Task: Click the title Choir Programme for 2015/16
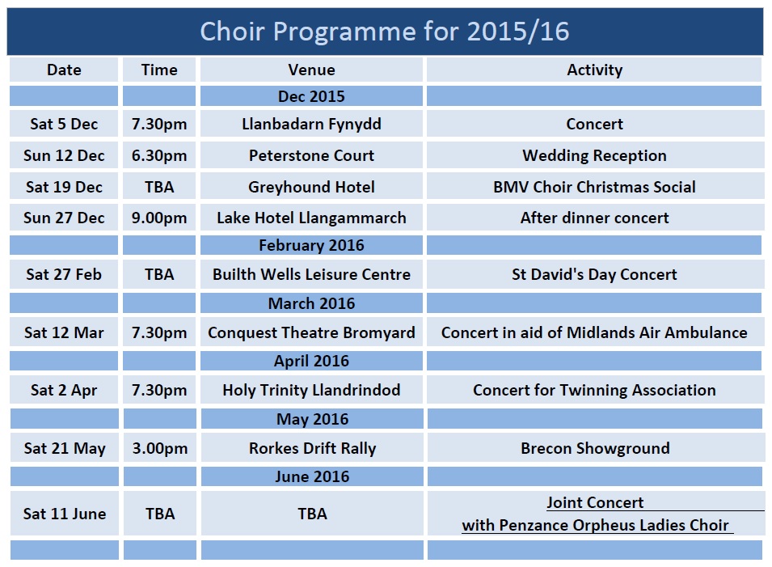pyautogui.click(x=385, y=32)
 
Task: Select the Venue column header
pyautogui.click(x=312, y=70)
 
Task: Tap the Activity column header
pyautogui.click(x=595, y=70)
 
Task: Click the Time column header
pyautogui.click(x=159, y=70)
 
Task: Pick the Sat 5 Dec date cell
pyautogui.click(x=64, y=124)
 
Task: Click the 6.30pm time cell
pyautogui.click(x=159, y=155)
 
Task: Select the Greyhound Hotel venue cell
pyautogui.click(x=312, y=187)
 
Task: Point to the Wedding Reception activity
pyautogui.click(x=594, y=155)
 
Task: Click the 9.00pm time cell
pyautogui.click(x=159, y=218)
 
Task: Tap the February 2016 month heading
pyautogui.click(x=312, y=245)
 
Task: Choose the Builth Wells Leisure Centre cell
pyautogui.click(x=312, y=274)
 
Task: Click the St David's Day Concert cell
pyautogui.click(x=594, y=274)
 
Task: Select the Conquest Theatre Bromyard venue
pyautogui.click(x=312, y=333)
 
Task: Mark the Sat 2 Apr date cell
pyautogui.click(x=64, y=390)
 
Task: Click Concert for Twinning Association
pyautogui.click(x=594, y=390)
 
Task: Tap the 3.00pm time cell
pyautogui.click(x=160, y=449)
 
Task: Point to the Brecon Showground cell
pyautogui.click(x=595, y=448)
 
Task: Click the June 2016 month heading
pyautogui.click(x=312, y=477)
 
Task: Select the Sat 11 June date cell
pyautogui.click(x=65, y=514)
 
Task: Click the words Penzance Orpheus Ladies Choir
pyautogui.click(x=614, y=525)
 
